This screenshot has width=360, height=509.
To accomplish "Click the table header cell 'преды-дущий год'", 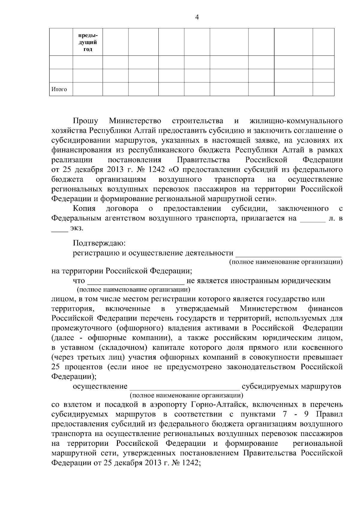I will click(88, 42).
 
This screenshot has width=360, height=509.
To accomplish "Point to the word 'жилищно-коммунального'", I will click(296, 121).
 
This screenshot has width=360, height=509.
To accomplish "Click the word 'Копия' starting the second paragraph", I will click(84, 208).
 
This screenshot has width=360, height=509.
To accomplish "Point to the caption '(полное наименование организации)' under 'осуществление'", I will click(186, 395).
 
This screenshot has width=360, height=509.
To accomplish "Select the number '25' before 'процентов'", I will click(56, 367).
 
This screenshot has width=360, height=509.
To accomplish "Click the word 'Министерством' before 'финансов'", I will click(268, 308).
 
